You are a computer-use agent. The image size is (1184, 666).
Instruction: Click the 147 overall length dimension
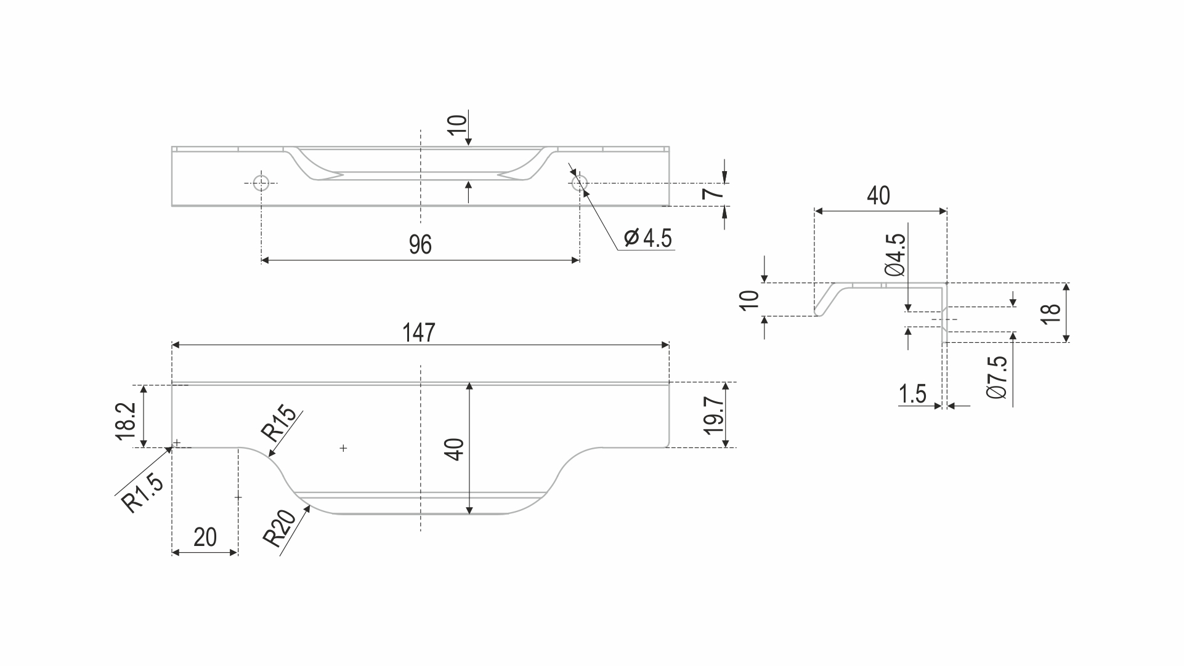[x=419, y=332]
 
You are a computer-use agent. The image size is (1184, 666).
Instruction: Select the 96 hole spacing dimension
[x=420, y=245]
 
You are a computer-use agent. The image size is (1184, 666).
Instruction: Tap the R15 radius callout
[x=278, y=425]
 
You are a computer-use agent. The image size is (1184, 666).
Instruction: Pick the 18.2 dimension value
[x=125, y=421]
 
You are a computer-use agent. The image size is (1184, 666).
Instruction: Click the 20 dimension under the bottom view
[x=205, y=537]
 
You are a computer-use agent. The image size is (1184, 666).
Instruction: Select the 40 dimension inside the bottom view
[x=455, y=449]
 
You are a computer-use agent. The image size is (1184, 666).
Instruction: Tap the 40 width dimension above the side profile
[x=878, y=195]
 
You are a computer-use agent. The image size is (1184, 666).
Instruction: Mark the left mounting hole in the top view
[x=261, y=183]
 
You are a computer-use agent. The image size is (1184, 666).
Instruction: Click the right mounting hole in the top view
[x=579, y=183]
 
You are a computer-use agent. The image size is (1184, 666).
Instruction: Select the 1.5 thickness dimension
[x=912, y=395]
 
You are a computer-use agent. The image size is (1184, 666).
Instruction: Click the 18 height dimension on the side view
[x=1051, y=313]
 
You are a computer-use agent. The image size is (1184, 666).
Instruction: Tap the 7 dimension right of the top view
[x=712, y=194]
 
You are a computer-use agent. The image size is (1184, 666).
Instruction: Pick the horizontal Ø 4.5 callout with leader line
[x=647, y=238]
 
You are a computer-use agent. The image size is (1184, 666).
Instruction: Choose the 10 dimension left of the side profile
[x=750, y=300]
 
